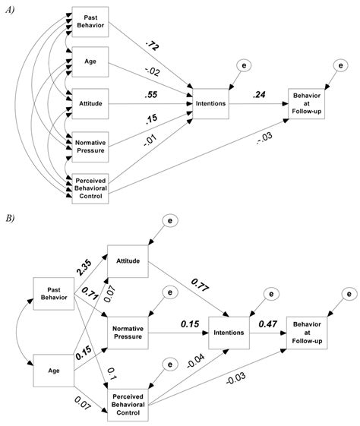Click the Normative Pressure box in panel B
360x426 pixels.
pos(128,331)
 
